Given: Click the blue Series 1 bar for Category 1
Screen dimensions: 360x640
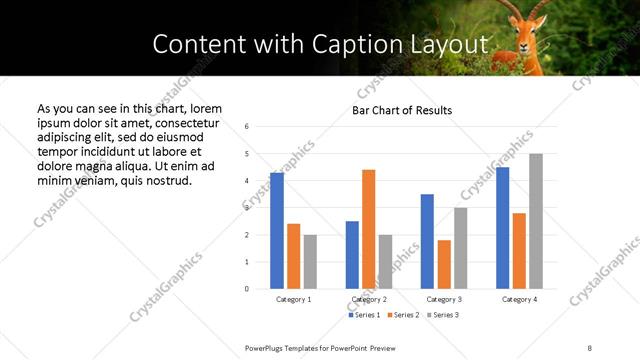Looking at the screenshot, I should (277, 231).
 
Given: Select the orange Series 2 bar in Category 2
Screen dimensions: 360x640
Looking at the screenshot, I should (368, 229).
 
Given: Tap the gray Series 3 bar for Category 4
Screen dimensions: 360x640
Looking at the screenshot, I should (536, 221).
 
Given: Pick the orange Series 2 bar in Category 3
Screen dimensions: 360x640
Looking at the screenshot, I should (444, 264).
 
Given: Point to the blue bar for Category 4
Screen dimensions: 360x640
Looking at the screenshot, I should (502, 228).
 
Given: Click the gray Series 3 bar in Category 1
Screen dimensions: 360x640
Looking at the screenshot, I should (310, 262).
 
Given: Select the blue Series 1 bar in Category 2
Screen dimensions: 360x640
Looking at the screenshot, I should (352, 255).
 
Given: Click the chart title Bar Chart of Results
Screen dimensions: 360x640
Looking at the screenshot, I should (402, 110).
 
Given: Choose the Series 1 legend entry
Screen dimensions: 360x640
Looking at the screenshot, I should (363, 315).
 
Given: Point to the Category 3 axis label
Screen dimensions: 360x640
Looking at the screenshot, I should (443, 299).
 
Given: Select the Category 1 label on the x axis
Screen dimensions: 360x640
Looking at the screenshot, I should (293, 299).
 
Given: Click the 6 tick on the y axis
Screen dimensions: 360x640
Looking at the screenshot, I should (247, 127).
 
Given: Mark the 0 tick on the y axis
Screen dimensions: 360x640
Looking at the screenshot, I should (247, 289).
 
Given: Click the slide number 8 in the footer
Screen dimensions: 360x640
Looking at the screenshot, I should (590, 347).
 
